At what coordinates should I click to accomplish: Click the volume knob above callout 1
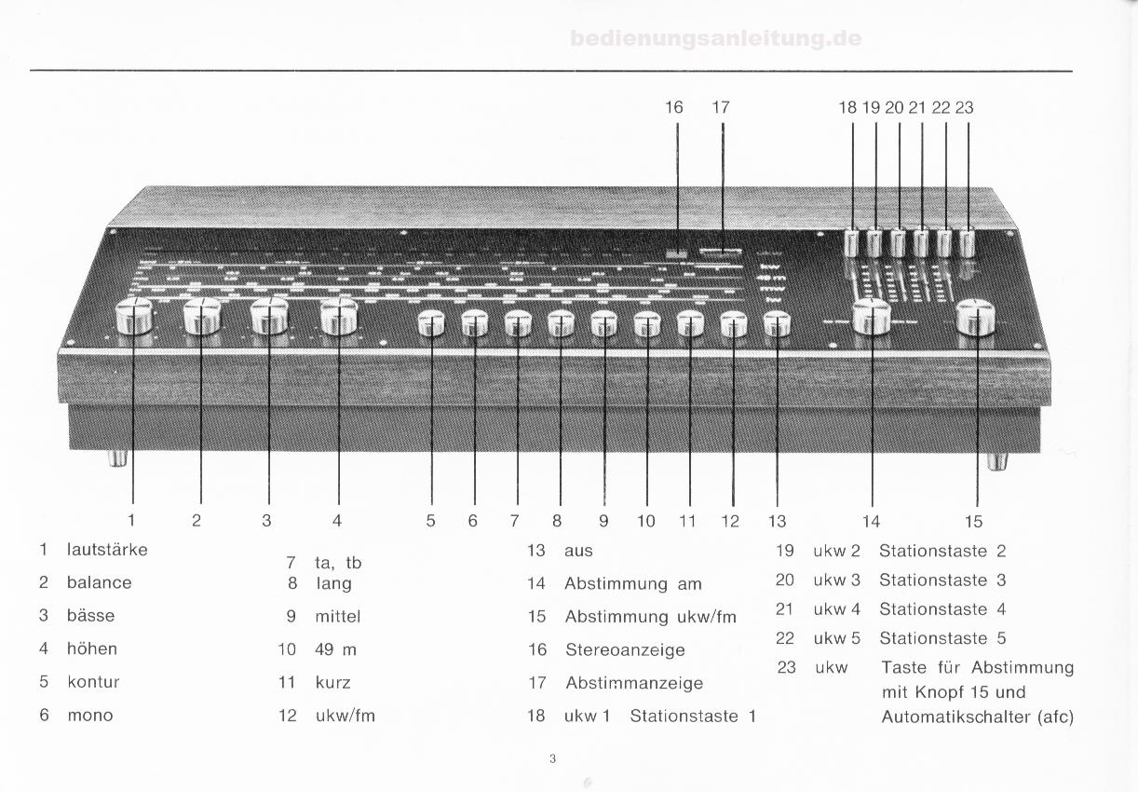coord(134,316)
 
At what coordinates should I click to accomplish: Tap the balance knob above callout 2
coord(202,316)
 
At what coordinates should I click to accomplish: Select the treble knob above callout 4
coord(339,316)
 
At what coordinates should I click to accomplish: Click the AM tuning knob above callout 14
coord(872,316)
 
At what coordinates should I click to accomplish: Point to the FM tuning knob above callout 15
coord(976,318)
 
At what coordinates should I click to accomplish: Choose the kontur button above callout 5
coord(431,323)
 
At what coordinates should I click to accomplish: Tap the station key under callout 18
coord(851,243)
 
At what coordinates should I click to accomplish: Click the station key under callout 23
coord(967,243)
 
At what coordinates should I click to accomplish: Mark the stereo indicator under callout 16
coord(677,254)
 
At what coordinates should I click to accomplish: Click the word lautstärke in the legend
coord(107,550)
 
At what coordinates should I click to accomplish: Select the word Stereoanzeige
coord(625,649)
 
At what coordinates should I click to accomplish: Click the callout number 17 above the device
coord(721,107)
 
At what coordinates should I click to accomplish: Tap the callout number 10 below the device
coord(646,521)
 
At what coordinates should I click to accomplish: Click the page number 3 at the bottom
coord(553,759)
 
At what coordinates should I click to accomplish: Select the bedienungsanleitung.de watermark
coord(716,38)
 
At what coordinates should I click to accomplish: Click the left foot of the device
coord(117,458)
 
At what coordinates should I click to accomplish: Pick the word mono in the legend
coord(90,716)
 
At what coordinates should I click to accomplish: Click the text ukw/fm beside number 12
coord(345,716)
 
